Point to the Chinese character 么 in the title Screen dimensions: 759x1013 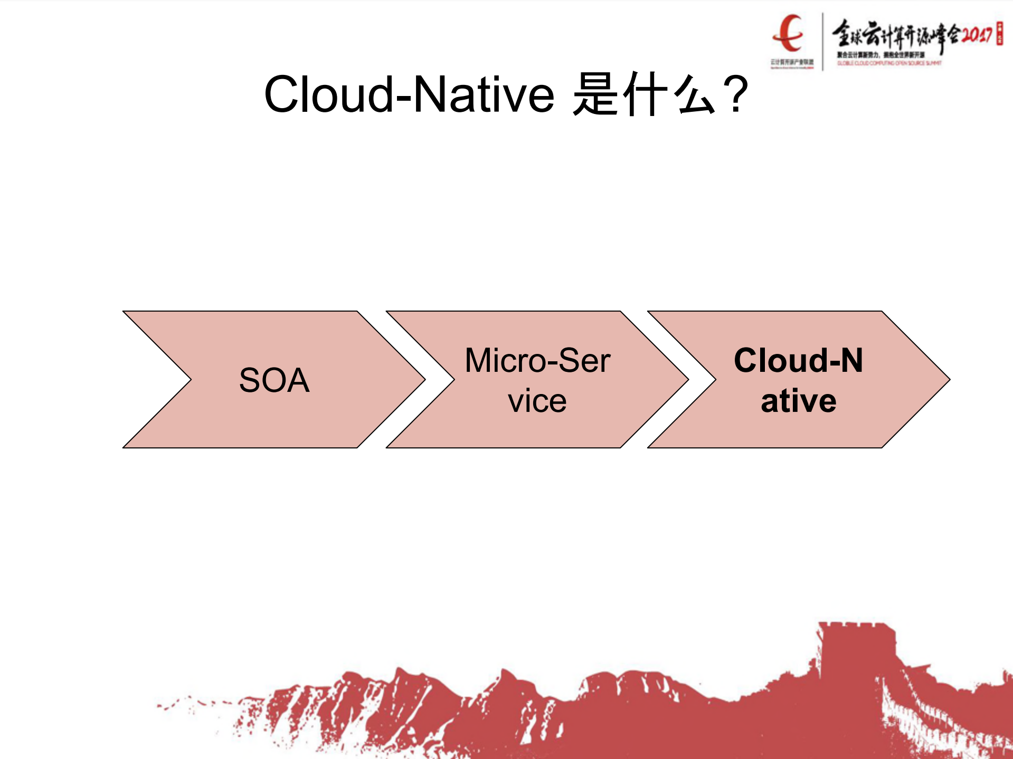click(x=696, y=95)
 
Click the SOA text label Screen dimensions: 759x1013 click(x=274, y=380)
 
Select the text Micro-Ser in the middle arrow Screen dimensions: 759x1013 click(x=537, y=361)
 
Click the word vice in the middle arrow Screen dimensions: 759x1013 click(x=537, y=401)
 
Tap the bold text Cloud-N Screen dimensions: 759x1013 click(x=798, y=361)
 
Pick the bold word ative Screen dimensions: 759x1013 click(x=798, y=401)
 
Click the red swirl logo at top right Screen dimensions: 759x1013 click(x=789, y=33)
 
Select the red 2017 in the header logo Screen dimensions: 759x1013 click(x=977, y=35)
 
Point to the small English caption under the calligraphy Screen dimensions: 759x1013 click(x=889, y=63)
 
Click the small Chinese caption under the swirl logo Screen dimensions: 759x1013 click(x=792, y=62)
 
